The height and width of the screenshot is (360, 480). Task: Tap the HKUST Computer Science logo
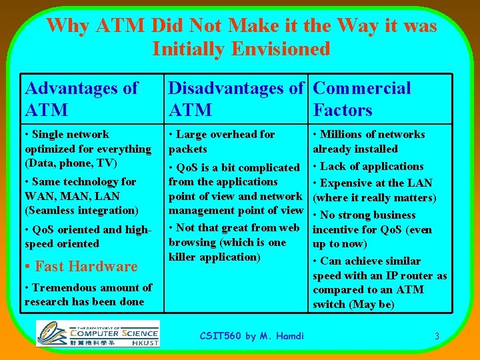pyautogui.click(x=97, y=333)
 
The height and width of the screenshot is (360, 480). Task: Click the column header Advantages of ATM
pyautogui.click(x=81, y=99)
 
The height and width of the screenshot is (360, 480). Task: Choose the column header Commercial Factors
pyautogui.click(x=361, y=99)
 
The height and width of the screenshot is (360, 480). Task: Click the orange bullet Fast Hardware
pyautogui.click(x=81, y=266)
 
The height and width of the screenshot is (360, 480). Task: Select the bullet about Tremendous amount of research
pyautogui.click(x=88, y=294)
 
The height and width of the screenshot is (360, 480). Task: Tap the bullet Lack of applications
pyautogui.click(x=368, y=166)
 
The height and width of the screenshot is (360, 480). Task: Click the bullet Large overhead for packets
pyautogui.click(x=221, y=141)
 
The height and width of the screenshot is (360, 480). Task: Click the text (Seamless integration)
pyautogui.click(x=81, y=210)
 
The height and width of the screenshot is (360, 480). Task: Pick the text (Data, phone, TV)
pyautogui.click(x=71, y=163)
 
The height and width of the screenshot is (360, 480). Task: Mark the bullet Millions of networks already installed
pyautogui.click(x=369, y=141)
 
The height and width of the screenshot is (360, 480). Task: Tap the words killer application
pyautogui.click(x=214, y=257)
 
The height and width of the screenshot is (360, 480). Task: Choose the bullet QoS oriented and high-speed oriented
pyautogui.click(x=88, y=236)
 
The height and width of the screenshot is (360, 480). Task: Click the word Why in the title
pyautogui.click(x=69, y=26)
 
